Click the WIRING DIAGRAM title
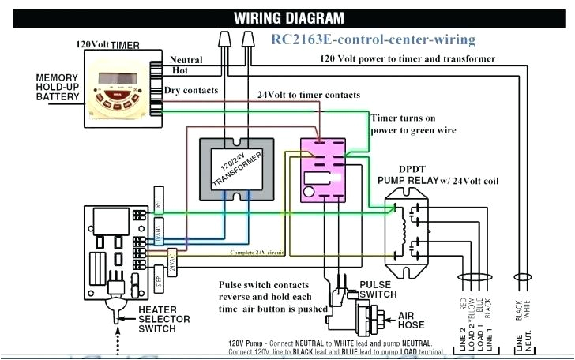pyautogui.click(x=289, y=17)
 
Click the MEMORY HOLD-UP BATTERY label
pyautogui.click(x=56, y=87)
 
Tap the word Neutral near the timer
pyautogui.click(x=186, y=59)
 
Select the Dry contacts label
pyautogui.click(x=190, y=91)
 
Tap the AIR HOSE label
pyautogui.click(x=411, y=318)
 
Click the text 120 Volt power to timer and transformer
pyautogui.click(x=408, y=59)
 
